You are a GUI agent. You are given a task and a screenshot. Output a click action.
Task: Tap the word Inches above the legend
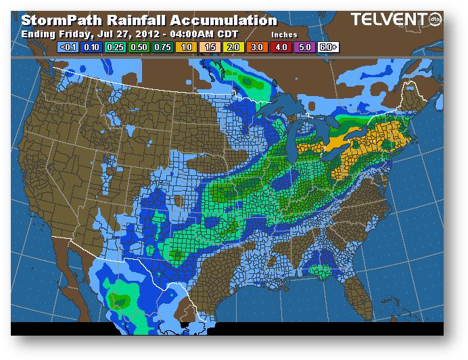(284, 34)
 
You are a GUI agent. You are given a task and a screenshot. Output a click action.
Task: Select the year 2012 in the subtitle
(147, 33)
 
